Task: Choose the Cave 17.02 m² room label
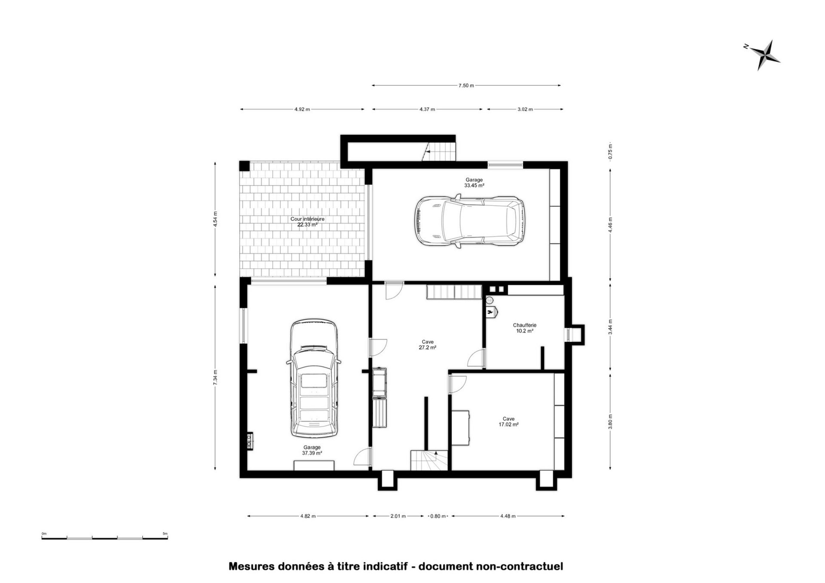tap(508, 421)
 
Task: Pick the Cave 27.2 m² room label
tap(427, 345)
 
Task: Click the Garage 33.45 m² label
tap(474, 183)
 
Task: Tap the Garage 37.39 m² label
tap(312, 450)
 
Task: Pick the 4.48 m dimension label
tap(508, 516)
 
